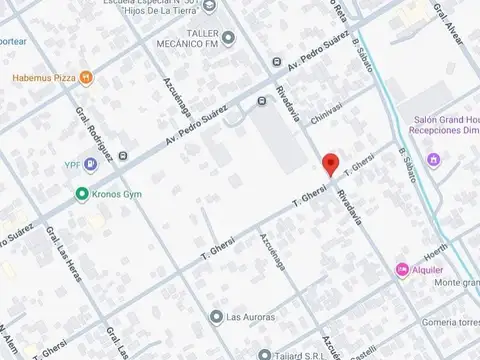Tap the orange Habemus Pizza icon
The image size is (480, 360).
(x=87, y=77)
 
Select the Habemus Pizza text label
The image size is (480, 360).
(x=44, y=77)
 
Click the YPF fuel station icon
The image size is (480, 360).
(x=91, y=163)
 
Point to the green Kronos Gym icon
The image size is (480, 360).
(x=80, y=193)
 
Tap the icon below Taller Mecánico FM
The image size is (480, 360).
(x=228, y=39)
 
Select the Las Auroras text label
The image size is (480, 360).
(x=249, y=317)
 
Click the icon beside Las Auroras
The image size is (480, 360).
(x=216, y=317)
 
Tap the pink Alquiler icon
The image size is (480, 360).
(x=402, y=268)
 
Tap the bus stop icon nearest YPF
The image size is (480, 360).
(x=123, y=157)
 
